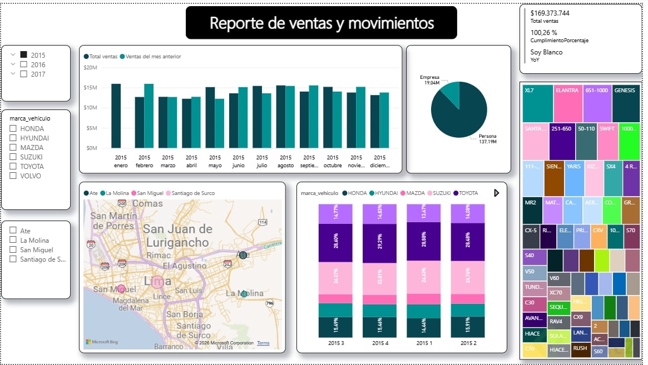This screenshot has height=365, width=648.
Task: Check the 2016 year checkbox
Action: (x=23, y=64)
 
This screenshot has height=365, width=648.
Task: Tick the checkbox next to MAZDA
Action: (x=13, y=148)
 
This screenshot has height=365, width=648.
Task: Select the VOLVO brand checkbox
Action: (x=13, y=176)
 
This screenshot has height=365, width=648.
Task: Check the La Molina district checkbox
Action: (x=13, y=241)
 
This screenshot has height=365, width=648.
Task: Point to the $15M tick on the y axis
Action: (x=91, y=88)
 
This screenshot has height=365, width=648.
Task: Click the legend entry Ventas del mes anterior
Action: (x=153, y=56)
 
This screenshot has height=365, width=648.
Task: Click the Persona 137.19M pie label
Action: (x=487, y=139)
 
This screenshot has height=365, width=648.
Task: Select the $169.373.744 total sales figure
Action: (x=550, y=13)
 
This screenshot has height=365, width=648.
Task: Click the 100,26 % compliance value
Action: (x=544, y=33)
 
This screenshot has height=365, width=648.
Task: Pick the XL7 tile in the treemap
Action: (x=537, y=103)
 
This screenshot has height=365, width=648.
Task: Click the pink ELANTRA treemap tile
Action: (x=568, y=103)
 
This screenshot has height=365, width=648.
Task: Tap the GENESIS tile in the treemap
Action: (x=626, y=103)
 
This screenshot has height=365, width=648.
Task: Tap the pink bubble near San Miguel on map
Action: (x=121, y=289)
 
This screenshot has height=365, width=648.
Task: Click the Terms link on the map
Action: (x=263, y=343)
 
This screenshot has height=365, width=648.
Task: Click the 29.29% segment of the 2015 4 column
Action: (x=380, y=243)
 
